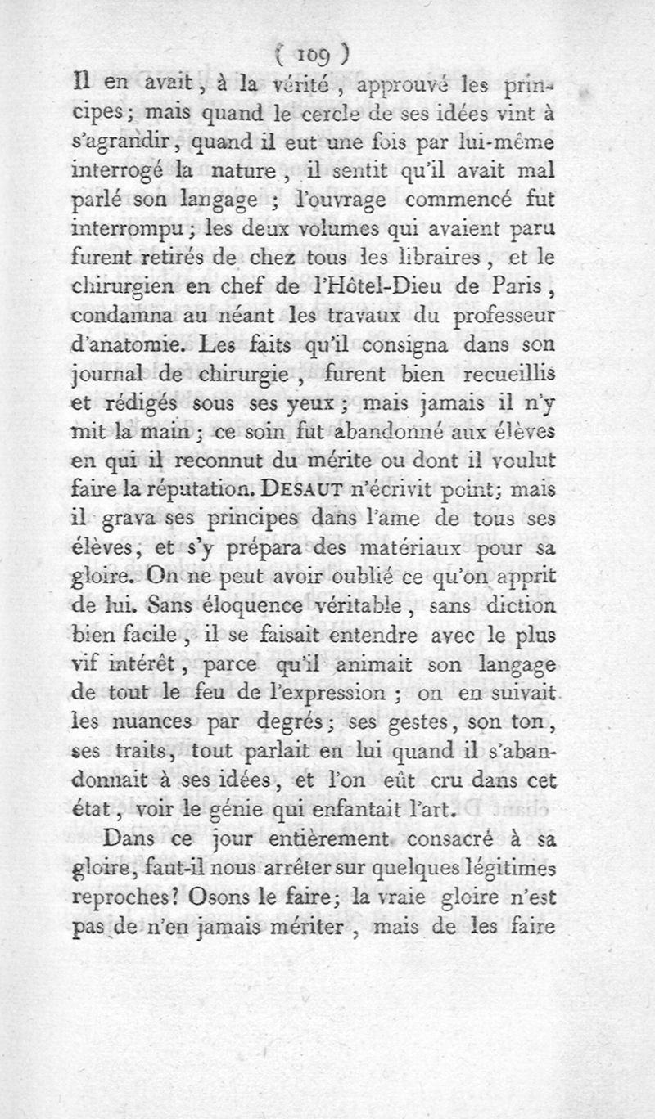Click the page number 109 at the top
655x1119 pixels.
314,54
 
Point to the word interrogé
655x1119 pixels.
140,173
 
